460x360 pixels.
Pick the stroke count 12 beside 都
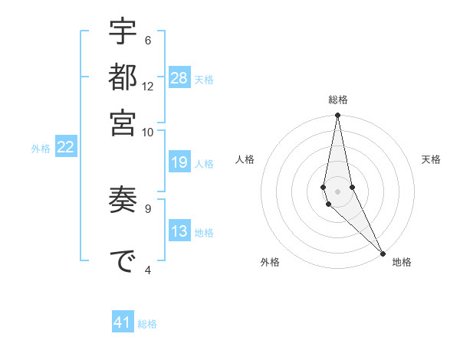pyautogui.click(x=148, y=87)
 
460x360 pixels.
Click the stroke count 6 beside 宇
pyautogui.click(x=148, y=41)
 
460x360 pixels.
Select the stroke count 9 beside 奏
pyautogui.click(x=148, y=208)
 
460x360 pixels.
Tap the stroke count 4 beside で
pyautogui.click(x=148, y=269)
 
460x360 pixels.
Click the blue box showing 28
pyautogui.click(x=179, y=77)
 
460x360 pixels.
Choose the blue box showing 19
pyautogui.click(x=179, y=162)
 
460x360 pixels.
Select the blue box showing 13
pyautogui.click(x=179, y=231)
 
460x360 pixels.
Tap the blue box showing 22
pyautogui.click(x=65, y=147)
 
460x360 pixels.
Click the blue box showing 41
pyautogui.click(x=123, y=322)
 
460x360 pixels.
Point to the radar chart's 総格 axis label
pyautogui.click(x=337, y=100)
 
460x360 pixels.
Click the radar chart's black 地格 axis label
pyautogui.click(x=402, y=262)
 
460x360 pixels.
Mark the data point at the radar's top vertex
pyautogui.click(x=337, y=116)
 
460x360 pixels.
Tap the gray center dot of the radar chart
pyautogui.click(x=337, y=191)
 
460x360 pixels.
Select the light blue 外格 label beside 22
pyautogui.click(x=40, y=149)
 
